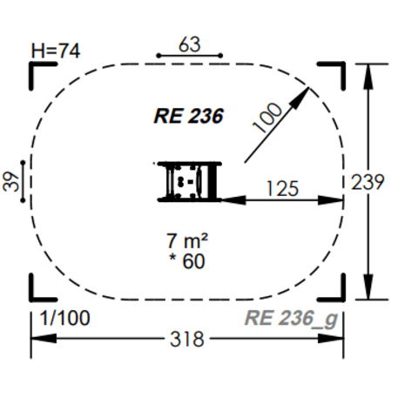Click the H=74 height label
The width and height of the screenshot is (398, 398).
55,51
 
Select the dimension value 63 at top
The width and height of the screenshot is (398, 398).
189,43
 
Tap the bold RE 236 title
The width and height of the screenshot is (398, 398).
189,114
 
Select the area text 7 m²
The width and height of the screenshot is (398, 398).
187,238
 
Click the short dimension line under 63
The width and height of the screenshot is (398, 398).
189,56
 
